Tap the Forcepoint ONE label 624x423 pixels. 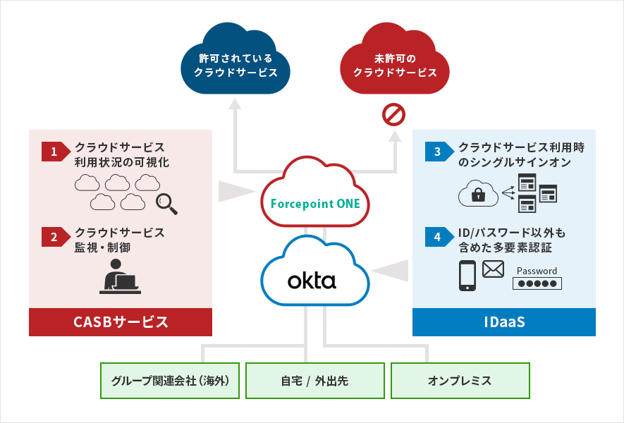coord(315,204)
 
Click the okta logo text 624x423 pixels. coord(312,281)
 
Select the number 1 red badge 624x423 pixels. coord(54,151)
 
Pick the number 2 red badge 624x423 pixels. coord(54,237)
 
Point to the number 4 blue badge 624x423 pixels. coord(437,237)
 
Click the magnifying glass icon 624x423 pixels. coord(166,202)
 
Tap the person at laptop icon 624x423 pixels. coord(119,277)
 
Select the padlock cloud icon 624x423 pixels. coord(478,193)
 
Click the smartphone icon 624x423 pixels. coord(467,276)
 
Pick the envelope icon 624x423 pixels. coord(494,269)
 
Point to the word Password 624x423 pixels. coord(537,271)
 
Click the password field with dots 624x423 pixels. coord(537,283)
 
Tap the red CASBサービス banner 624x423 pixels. coord(121,322)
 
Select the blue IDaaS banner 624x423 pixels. coord(503,322)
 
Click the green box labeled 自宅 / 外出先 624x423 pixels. coord(314,381)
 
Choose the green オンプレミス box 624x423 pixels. coord(460,381)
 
